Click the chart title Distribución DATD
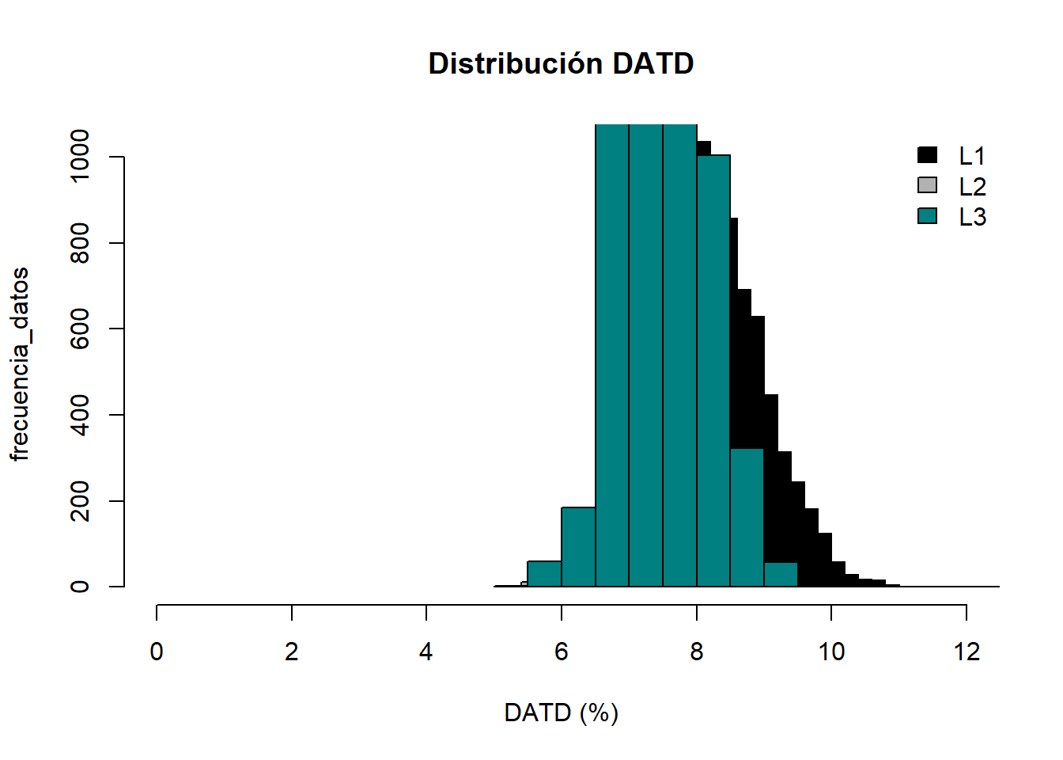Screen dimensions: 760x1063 (x=561, y=63)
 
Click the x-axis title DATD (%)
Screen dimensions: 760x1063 (x=561, y=713)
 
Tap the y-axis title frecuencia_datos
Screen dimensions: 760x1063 (x=20, y=364)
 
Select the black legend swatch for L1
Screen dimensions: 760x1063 (x=927, y=155)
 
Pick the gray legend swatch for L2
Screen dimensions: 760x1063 (x=927, y=185)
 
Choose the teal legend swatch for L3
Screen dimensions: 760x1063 (x=927, y=215)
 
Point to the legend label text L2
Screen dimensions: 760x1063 (x=972, y=187)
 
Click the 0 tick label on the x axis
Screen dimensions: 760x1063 (x=157, y=652)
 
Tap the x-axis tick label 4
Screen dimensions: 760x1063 (x=426, y=652)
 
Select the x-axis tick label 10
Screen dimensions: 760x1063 (x=831, y=652)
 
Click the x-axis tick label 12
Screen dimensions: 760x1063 (x=967, y=652)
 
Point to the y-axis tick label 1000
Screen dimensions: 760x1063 (x=80, y=157)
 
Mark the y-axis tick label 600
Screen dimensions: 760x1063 (x=80, y=329)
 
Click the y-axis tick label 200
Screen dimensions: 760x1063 (x=80, y=501)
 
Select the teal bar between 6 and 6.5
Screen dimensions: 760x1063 (x=578, y=546)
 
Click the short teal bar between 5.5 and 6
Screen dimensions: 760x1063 (x=544, y=574)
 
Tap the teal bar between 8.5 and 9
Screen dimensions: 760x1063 (x=747, y=518)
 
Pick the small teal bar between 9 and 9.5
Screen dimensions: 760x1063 (x=781, y=575)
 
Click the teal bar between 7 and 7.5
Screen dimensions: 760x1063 (x=645, y=356)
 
